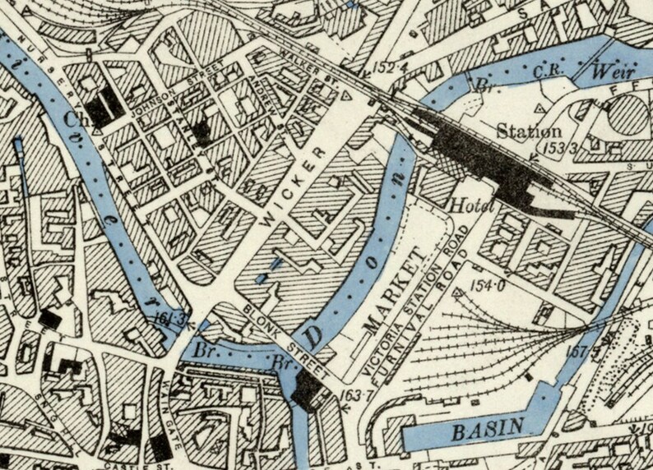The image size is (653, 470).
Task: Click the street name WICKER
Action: pos(288,187)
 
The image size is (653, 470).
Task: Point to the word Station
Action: pos(530,131)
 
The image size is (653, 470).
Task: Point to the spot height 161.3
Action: pos(166,320)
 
